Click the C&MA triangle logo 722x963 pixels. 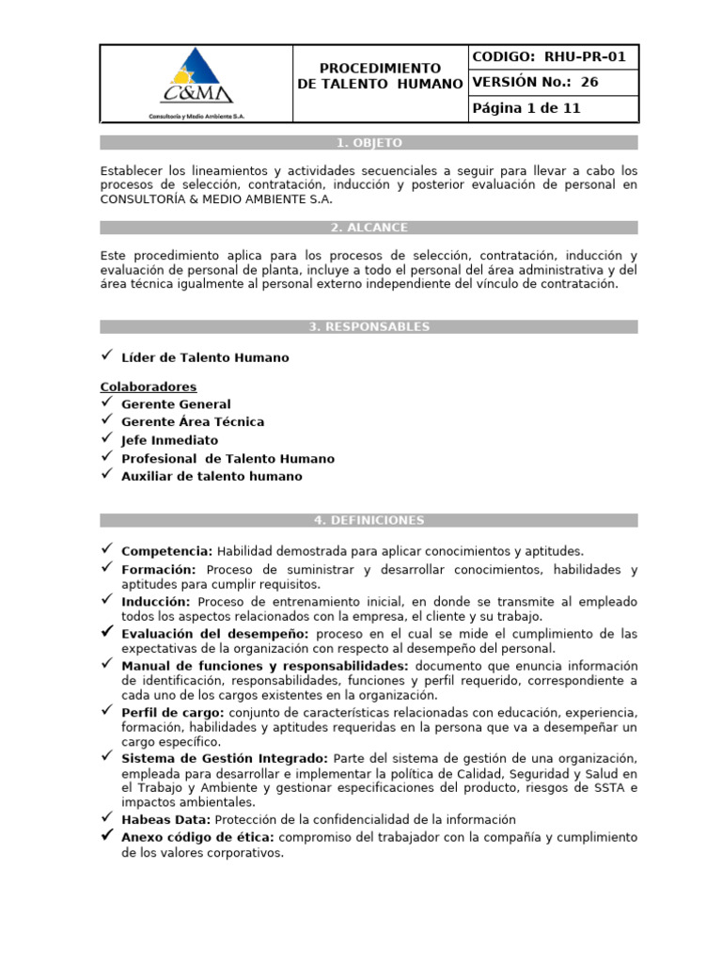coord(196,77)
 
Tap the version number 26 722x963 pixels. coord(589,82)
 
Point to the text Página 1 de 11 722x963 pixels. coord(526,108)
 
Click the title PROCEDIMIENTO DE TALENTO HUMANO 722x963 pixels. coord(380,76)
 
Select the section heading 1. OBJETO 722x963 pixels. coord(369,143)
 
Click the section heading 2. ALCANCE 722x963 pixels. coord(369,228)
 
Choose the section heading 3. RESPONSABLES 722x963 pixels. coord(369,326)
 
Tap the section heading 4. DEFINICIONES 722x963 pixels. coord(369,520)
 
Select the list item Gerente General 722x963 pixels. coord(176,404)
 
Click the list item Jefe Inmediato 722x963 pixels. coord(169,440)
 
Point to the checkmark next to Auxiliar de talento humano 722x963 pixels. coord(107,475)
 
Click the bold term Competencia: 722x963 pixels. coord(167,551)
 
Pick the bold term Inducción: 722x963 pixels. coord(156,602)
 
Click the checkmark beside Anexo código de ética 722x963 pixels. coord(107,836)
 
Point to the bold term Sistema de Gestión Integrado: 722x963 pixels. coord(225,758)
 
